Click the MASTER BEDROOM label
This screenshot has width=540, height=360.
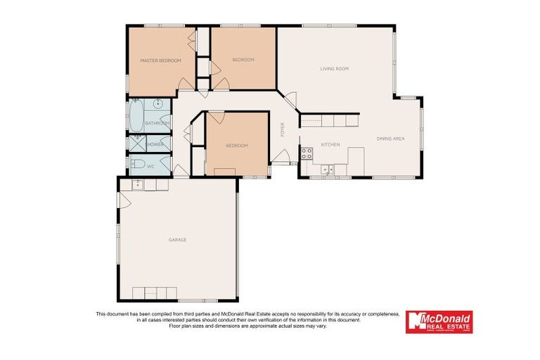point(160,60)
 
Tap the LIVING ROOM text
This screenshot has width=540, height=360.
point(334,69)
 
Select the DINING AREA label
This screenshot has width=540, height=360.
point(390,139)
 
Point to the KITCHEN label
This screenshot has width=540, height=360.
point(330,145)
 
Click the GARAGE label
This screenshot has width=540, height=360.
point(177,240)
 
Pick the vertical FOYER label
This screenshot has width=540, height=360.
point(283,130)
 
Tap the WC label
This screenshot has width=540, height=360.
point(150,167)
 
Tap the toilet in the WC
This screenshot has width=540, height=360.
point(138,166)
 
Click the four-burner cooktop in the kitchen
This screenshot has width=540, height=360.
point(307,153)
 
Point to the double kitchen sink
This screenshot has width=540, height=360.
point(328,169)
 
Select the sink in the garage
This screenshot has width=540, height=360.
point(138,186)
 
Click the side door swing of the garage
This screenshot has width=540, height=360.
point(123,201)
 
